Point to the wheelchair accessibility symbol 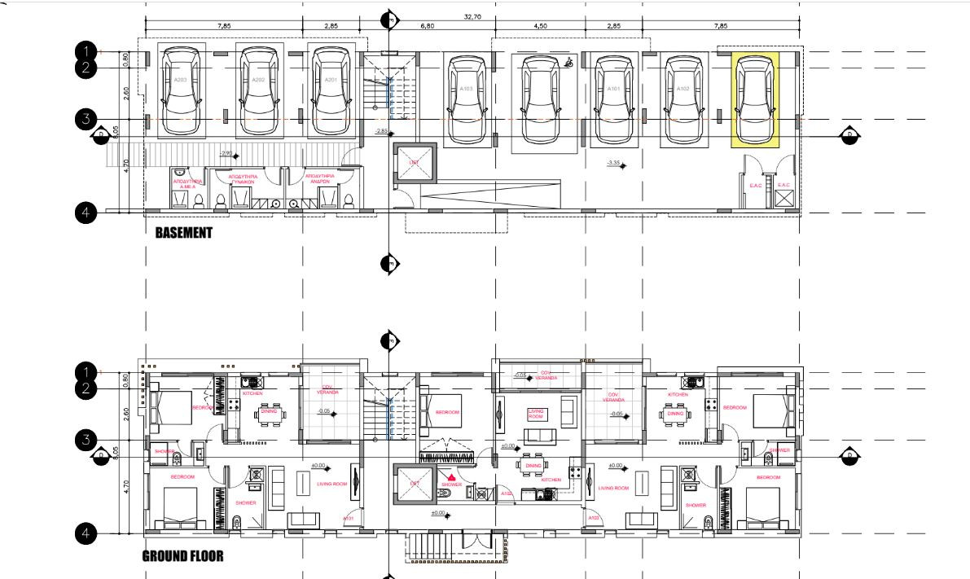[x=568, y=61]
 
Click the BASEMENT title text [x=183, y=233]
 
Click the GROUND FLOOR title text [x=182, y=557]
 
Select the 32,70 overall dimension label [x=472, y=16]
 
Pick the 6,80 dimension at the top [x=428, y=26]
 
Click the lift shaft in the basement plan [x=414, y=164]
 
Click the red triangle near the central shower [x=451, y=477]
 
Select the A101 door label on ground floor [x=349, y=518]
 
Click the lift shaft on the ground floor [x=414, y=483]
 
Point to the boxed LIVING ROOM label [x=535, y=413]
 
